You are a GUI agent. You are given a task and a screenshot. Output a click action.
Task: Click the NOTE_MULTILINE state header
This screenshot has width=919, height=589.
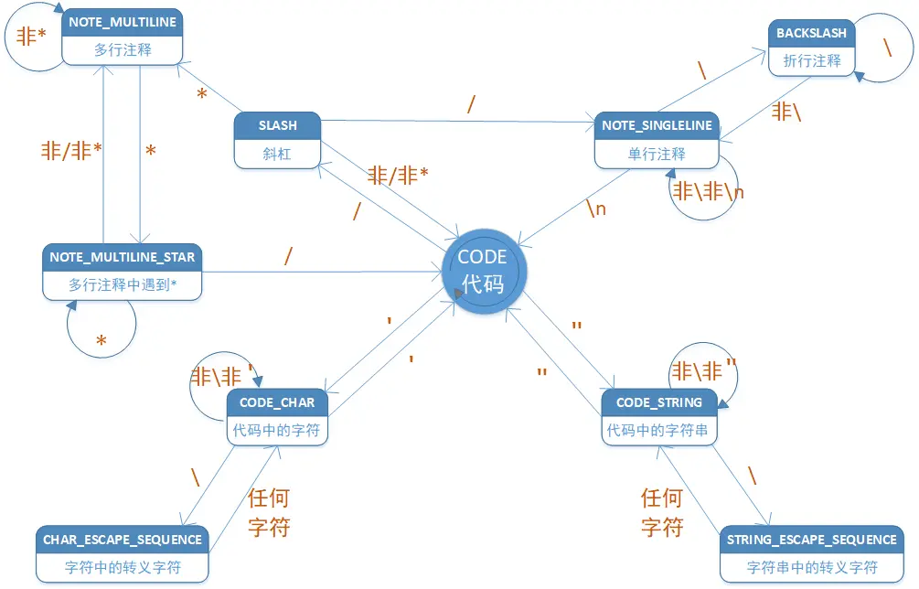(x=123, y=22)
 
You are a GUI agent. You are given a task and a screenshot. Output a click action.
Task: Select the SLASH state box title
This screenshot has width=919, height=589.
(x=277, y=125)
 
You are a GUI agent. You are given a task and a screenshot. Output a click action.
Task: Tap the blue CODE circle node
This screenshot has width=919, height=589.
(x=483, y=270)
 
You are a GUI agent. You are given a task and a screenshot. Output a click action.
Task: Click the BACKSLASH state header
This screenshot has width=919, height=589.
(x=811, y=33)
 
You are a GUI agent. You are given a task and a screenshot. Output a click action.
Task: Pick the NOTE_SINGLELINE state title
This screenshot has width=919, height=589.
(x=657, y=125)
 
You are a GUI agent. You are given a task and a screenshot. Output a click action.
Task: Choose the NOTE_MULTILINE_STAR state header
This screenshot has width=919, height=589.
(x=122, y=257)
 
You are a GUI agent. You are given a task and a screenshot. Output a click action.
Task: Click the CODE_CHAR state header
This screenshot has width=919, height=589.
(x=276, y=402)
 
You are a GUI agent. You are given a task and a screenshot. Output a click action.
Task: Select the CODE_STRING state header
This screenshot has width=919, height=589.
(x=658, y=402)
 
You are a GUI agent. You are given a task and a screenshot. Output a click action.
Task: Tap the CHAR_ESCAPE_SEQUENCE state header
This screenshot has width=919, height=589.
(x=123, y=540)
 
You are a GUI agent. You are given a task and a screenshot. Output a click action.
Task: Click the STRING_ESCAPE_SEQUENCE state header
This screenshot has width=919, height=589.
(x=811, y=540)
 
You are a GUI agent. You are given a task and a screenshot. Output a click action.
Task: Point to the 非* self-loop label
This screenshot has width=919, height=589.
(x=32, y=37)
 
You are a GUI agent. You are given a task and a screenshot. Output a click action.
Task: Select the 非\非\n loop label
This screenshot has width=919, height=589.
(x=709, y=192)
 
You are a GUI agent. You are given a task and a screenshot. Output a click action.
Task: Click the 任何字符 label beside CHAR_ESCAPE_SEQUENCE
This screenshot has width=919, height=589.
(x=270, y=512)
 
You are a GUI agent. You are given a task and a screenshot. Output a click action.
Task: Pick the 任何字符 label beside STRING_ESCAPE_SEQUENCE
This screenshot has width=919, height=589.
(x=662, y=512)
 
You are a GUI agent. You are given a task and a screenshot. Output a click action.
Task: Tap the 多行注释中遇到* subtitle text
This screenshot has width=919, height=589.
(x=122, y=284)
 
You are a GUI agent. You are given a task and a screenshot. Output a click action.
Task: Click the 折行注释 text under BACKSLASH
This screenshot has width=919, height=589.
(x=811, y=61)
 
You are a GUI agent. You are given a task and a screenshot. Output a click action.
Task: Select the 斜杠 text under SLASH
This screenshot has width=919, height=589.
(x=277, y=154)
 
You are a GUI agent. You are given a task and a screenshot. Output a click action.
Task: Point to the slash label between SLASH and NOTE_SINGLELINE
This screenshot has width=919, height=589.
(x=471, y=104)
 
